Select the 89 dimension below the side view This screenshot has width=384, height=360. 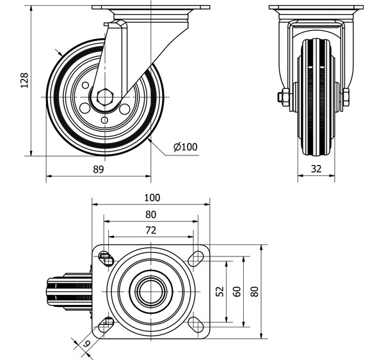coord(98,169)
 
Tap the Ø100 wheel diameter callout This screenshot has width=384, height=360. coord(185,147)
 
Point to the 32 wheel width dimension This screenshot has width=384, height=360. coord(317,169)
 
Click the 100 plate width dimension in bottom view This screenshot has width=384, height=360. coord(152,198)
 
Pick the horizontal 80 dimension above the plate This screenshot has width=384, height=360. coord(152,214)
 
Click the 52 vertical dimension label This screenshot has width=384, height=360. coord(220,292)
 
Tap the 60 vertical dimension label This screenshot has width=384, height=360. coord(237,292)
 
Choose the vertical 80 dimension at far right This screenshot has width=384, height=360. coord(255,292)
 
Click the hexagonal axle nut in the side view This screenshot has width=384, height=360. coord(106,97)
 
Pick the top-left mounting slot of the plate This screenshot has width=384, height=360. coord(106,258)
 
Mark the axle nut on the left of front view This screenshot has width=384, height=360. coord(282,98)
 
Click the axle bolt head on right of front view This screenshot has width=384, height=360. coord(346,98)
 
